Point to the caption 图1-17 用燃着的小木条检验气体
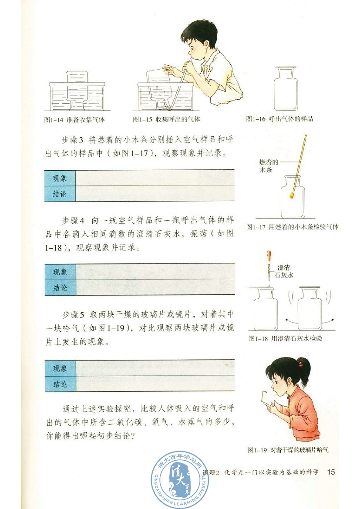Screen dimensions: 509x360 [292, 226]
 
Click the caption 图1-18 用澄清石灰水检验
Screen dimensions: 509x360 [285, 338]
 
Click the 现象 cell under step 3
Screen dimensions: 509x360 [60, 178]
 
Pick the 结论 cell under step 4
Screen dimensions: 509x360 [60, 287]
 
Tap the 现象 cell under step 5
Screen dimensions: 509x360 [60, 368]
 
